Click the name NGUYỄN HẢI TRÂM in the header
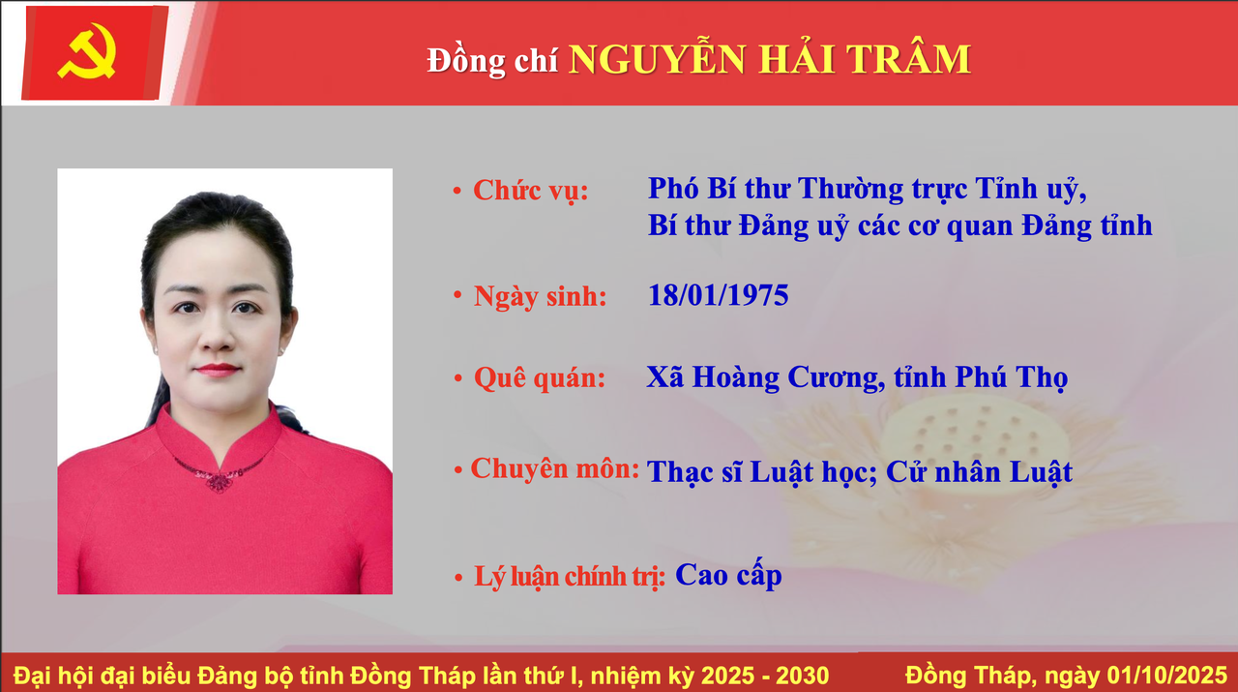click(x=769, y=60)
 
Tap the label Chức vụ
click(x=530, y=191)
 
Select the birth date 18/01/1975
click(x=718, y=295)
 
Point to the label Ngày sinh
click(x=540, y=296)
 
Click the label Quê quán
click(x=539, y=378)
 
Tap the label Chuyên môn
click(x=555, y=469)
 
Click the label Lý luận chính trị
click(x=570, y=578)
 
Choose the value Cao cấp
click(x=728, y=576)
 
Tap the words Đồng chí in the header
click(x=492, y=62)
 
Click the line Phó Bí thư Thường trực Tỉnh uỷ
click(x=868, y=189)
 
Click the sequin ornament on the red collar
click(x=220, y=478)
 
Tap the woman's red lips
click(x=218, y=370)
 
